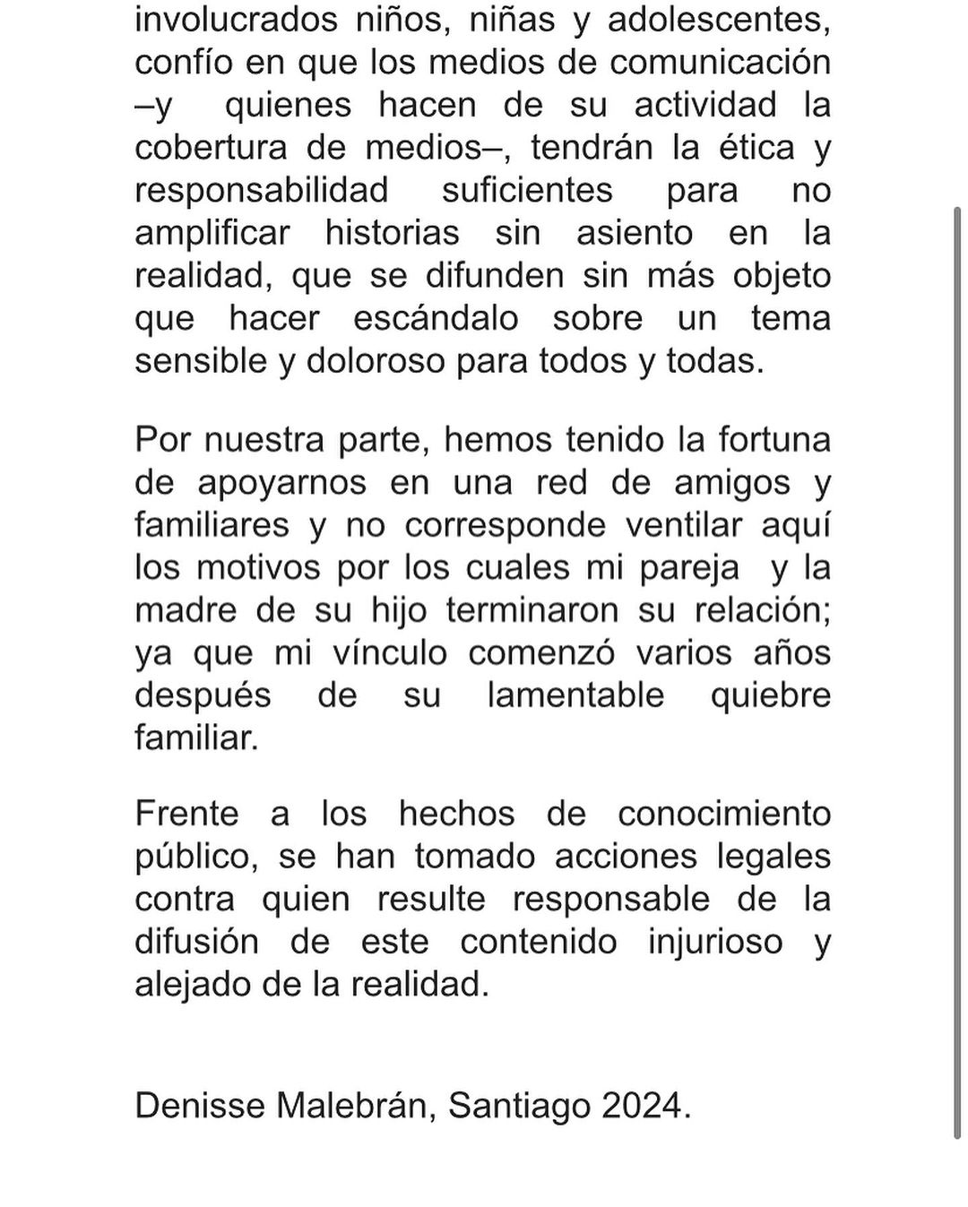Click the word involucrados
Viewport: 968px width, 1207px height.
pyautogui.click(x=236, y=20)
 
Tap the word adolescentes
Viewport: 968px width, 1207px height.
pyautogui.click(x=719, y=20)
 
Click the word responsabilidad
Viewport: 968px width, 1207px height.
pyautogui.click(x=262, y=190)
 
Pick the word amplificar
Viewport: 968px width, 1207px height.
pyautogui.click(x=212, y=233)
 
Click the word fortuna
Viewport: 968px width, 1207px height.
pyautogui.click(x=774, y=440)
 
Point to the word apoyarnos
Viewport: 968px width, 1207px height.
pyautogui.click(x=281, y=482)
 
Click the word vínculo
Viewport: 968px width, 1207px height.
pyautogui.click(x=390, y=653)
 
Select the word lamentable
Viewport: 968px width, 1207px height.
pyautogui.click(x=575, y=695)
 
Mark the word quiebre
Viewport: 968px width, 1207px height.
pyautogui.click(x=771, y=695)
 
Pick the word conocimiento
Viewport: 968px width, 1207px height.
pyautogui.click(x=724, y=814)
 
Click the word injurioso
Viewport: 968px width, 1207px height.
pyautogui.click(x=715, y=942)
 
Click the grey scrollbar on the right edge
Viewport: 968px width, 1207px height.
pyautogui.click(x=958, y=672)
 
